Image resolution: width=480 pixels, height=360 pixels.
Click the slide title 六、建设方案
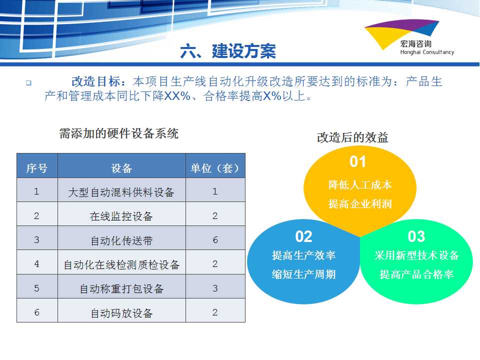(228, 51)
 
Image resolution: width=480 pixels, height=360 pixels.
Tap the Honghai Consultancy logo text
(426, 52)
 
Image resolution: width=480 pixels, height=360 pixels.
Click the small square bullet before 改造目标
(29, 82)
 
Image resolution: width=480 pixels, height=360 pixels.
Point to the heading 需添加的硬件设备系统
(119, 133)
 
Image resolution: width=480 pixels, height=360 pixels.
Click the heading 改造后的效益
(352, 137)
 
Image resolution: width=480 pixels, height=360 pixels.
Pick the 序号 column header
(37, 168)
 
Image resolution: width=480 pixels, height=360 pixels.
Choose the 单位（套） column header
(215, 168)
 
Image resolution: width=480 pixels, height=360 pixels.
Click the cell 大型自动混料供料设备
(121, 192)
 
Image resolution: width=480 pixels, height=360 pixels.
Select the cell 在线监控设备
(121, 216)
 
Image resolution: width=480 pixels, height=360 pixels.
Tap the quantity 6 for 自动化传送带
(215, 239)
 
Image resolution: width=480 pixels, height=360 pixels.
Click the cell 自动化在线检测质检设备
(121, 264)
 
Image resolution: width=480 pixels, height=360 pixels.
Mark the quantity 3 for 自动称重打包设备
(215, 288)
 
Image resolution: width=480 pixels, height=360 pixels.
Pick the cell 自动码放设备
(121, 313)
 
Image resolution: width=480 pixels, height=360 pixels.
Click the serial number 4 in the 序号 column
(36, 264)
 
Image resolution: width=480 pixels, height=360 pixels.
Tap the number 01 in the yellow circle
(358, 161)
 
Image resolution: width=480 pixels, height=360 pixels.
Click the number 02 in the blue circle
(303, 236)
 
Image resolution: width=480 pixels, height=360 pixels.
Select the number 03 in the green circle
(416, 236)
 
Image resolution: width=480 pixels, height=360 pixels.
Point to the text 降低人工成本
(360, 184)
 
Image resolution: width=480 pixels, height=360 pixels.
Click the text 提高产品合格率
(416, 274)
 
